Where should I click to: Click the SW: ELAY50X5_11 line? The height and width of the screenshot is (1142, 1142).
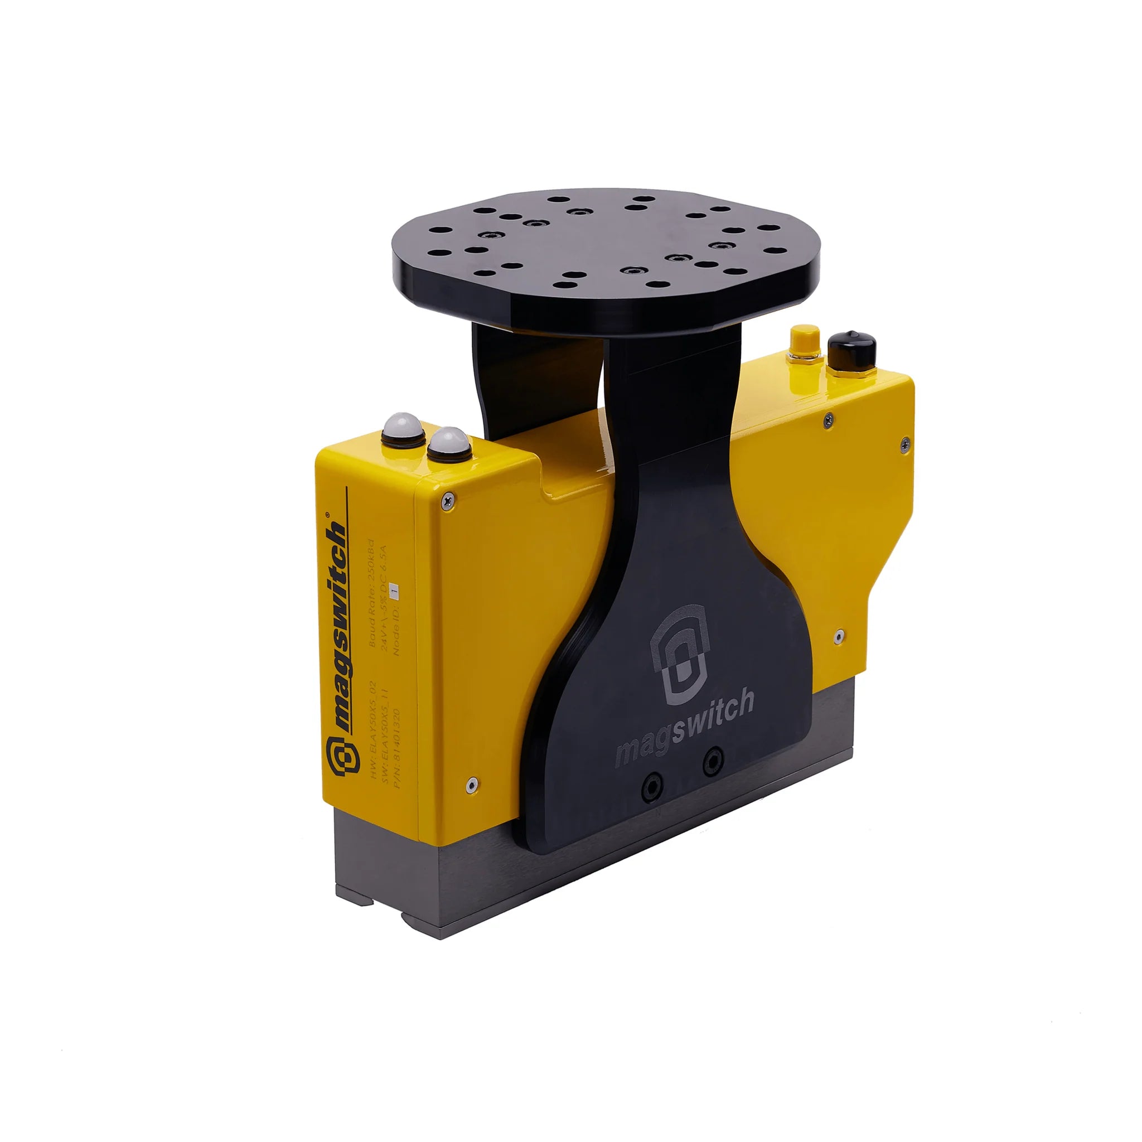(384, 733)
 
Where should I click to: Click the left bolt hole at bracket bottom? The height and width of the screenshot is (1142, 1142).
(651, 787)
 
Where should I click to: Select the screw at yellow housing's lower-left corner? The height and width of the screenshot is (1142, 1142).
(470, 786)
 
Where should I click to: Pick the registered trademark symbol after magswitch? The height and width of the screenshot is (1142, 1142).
(329, 515)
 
